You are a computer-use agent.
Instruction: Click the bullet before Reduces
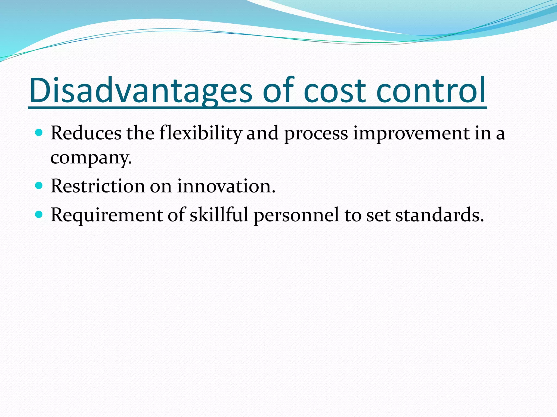[39, 133]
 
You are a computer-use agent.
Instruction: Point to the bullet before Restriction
[39, 186]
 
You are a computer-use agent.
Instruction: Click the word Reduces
[86, 133]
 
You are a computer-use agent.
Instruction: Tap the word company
[91, 158]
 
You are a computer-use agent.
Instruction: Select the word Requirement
[106, 215]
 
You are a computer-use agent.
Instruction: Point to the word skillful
[219, 215]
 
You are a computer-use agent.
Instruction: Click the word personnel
[296, 215]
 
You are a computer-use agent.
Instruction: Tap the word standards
[439, 215]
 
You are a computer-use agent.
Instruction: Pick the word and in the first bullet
[262, 133]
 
